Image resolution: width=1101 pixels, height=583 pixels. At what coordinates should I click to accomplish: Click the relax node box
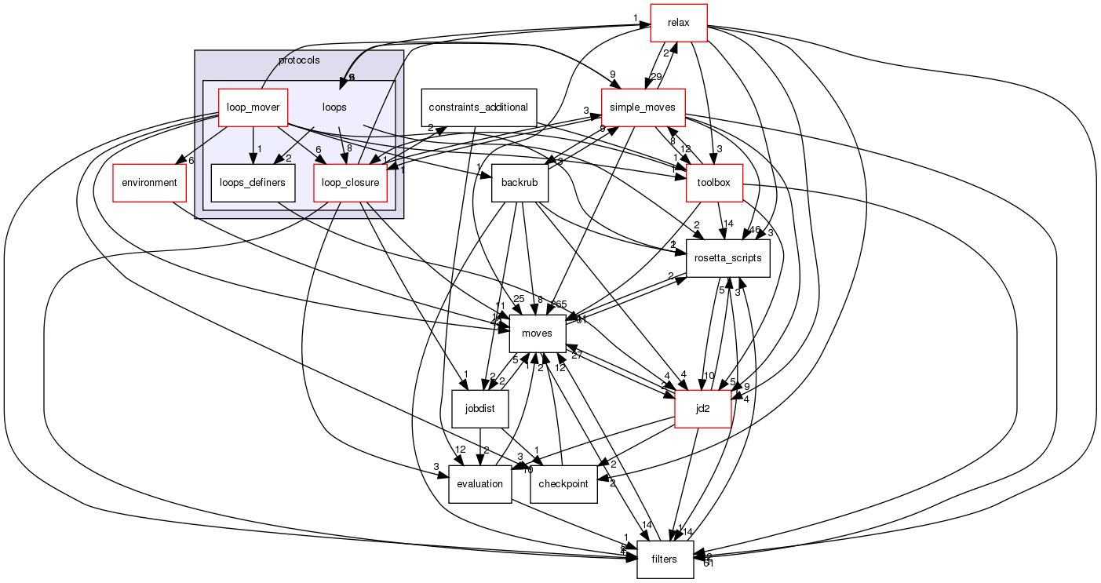coord(679,23)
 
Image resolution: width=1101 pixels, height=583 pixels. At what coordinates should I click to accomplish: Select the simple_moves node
coord(643,107)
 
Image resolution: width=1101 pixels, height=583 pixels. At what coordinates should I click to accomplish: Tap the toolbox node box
coord(713,183)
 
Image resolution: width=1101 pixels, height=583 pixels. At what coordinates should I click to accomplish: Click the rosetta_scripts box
coord(727,257)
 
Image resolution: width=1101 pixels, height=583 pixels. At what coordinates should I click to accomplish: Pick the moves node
coord(538,333)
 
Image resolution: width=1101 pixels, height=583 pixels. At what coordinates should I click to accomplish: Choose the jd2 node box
coord(703,408)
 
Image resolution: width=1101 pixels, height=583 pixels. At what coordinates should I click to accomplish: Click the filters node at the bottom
coord(665,559)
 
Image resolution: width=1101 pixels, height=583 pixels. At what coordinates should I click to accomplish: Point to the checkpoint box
coord(564,483)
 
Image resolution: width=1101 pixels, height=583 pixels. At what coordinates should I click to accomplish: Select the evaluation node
coord(479,483)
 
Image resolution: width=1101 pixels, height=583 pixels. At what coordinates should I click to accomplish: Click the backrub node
coord(519,183)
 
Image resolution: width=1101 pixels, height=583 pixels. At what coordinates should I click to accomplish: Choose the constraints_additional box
coord(479,107)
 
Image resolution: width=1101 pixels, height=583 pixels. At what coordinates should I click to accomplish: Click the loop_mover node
coord(253,107)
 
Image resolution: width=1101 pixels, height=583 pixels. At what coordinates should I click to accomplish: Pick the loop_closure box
coord(351,183)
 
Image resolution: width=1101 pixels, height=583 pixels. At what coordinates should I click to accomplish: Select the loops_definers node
coord(253,183)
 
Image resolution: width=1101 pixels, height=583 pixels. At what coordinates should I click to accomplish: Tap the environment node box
coord(150,183)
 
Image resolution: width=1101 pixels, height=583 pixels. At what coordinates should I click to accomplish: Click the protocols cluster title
coord(299,60)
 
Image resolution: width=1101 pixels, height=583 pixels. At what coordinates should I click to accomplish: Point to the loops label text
coord(334,107)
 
